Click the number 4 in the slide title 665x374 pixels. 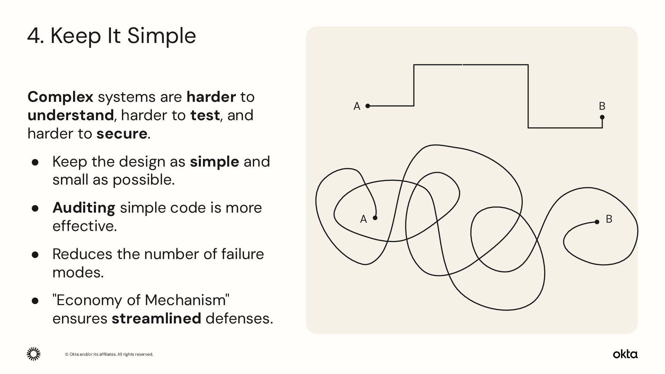coord(34,36)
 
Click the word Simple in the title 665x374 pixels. coord(161,36)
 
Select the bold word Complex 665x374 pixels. coord(60,97)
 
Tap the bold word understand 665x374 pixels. coord(70,115)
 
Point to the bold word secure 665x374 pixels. coord(122,134)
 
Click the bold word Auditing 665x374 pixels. coord(83,208)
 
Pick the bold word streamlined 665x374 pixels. coord(156,319)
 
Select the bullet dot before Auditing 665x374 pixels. coord(35,208)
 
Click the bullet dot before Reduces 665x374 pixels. coord(35,255)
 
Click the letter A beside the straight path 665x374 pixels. coord(357,106)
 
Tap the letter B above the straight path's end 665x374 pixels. coord(602,106)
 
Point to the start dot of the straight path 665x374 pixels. coord(368,106)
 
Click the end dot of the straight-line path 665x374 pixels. coord(602,117)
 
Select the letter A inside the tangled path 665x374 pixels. coord(363,219)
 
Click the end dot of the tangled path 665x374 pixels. coord(597,222)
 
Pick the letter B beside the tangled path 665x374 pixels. coord(609,219)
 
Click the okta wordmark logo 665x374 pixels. coord(625,354)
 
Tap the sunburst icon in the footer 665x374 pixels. coord(34,354)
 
